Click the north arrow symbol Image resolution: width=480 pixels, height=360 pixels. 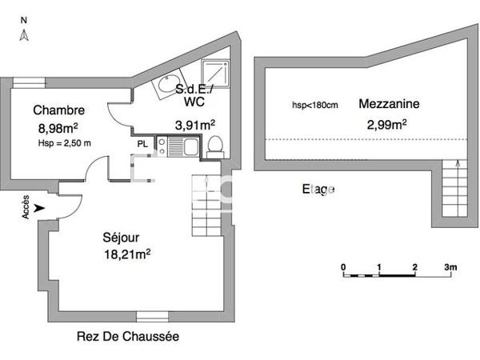(24, 34)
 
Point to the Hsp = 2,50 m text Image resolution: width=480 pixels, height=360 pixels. (65, 142)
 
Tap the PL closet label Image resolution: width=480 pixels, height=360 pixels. (142, 144)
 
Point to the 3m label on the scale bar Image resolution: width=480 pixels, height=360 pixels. (450, 266)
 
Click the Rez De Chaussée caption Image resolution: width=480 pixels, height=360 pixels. (128, 336)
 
